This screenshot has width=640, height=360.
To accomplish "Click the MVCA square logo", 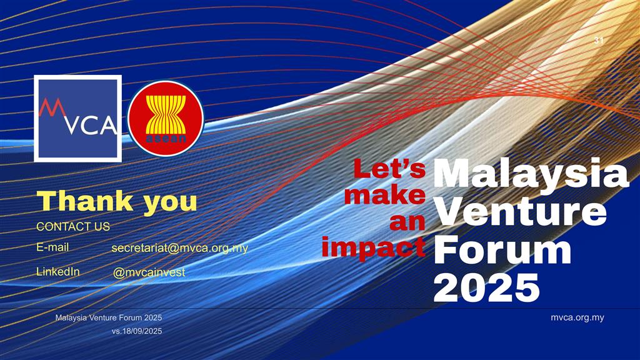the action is (x=78, y=118).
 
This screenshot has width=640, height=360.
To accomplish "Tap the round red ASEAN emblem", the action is (x=166, y=118).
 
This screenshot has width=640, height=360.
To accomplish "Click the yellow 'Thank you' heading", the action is (x=117, y=202).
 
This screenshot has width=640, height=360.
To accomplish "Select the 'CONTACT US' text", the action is (x=73, y=226).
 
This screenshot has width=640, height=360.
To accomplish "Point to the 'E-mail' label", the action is (x=52, y=247).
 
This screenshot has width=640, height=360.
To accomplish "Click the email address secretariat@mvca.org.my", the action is (x=179, y=248).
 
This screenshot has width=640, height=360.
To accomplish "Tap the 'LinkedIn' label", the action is (x=58, y=271).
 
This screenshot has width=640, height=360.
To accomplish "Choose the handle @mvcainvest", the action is (x=149, y=272).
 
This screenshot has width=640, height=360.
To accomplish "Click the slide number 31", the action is (x=599, y=40).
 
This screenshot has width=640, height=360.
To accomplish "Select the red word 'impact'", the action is (x=374, y=247).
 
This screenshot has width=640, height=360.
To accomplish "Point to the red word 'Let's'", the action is (x=389, y=169).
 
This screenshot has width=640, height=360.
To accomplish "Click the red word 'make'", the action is (x=385, y=195).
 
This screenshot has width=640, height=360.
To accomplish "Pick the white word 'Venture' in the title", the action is (x=520, y=211).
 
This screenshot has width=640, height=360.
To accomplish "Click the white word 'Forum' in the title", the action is (x=502, y=249).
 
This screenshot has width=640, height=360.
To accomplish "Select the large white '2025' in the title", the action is (x=486, y=287).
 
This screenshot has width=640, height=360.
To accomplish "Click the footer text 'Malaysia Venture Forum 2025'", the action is (x=109, y=317).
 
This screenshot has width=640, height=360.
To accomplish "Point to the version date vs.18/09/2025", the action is (x=137, y=331).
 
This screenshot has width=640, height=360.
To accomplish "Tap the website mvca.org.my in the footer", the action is (x=577, y=317).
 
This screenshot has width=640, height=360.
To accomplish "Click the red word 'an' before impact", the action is (x=407, y=222).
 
